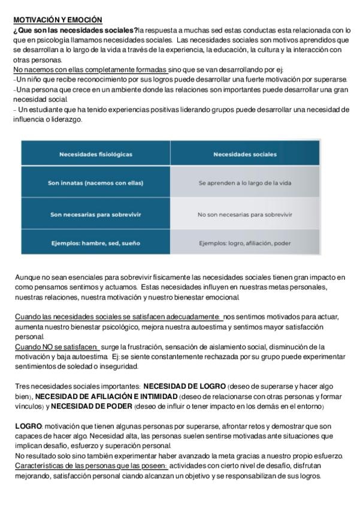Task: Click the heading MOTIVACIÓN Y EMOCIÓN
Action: [x=58, y=20]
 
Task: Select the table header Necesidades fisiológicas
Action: [x=96, y=154]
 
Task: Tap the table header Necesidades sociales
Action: [x=245, y=154]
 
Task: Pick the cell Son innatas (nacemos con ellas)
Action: [x=96, y=183]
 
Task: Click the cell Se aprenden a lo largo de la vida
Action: [x=245, y=183]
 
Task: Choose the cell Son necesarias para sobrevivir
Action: [x=96, y=214]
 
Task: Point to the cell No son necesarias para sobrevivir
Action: [x=245, y=214]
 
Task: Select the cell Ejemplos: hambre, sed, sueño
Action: [x=96, y=243]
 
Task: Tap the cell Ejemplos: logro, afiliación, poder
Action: [x=245, y=243]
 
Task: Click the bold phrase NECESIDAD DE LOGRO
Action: [x=184, y=386]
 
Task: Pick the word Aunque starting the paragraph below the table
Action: [x=27, y=277]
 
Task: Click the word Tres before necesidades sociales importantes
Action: [x=22, y=386]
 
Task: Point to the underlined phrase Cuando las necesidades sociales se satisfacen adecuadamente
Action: [x=118, y=317]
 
